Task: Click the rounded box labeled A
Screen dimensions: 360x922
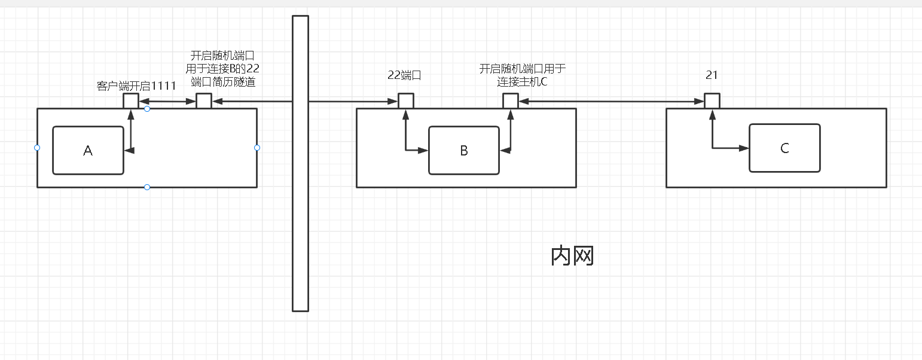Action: [88, 151]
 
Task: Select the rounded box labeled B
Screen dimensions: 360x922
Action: [464, 151]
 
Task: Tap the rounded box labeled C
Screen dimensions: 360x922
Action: [784, 148]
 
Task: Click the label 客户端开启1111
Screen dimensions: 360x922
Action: [136, 86]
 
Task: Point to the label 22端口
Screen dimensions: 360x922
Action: [405, 75]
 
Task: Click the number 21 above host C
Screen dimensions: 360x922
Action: [712, 75]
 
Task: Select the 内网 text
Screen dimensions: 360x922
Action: [572, 256]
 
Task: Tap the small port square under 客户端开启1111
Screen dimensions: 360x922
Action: [131, 100]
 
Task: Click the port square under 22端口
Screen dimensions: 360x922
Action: [406, 100]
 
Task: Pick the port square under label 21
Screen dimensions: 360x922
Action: [712, 100]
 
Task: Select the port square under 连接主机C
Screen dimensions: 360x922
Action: [510, 100]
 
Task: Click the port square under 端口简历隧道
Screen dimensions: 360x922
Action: [204, 100]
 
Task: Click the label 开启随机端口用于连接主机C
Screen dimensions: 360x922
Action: [522, 75]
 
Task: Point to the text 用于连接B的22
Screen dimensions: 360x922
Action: [222, 68]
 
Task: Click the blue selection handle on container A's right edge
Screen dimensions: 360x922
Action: [257, 148]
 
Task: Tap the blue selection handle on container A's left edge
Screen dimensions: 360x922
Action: [37, 148]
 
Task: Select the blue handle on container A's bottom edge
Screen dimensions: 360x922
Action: [147, 187]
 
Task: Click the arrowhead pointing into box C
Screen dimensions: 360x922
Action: [745, 148]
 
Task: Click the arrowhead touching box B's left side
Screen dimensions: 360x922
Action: [424, 150]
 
